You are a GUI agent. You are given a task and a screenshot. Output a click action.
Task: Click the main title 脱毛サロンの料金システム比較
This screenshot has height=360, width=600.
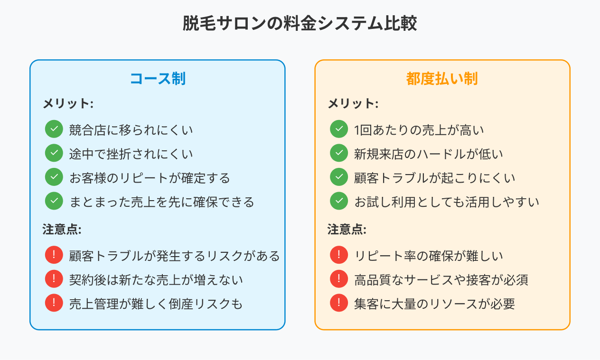tap(300, 23)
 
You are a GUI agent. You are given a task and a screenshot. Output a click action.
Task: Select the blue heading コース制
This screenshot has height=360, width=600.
tap(158, 79)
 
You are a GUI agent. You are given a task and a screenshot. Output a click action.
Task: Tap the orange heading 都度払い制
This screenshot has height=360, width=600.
tap(442, 79)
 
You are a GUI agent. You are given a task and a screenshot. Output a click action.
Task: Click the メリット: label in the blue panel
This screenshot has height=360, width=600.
tap(68, 103)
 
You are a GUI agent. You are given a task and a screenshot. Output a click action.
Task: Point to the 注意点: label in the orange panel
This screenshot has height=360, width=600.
tap(347, 230)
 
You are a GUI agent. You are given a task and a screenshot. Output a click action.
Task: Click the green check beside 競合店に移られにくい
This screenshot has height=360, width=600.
tap(54, 129)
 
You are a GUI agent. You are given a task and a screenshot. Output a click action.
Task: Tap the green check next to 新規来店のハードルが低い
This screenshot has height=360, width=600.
tap(339, 153)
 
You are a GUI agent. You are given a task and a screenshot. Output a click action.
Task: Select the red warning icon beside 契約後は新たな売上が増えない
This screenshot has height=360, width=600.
tap(54, 279)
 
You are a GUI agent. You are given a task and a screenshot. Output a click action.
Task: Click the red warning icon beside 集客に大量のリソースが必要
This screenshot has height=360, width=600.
tap(339, 303)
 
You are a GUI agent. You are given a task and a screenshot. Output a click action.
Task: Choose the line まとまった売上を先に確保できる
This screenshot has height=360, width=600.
tap(162, 202)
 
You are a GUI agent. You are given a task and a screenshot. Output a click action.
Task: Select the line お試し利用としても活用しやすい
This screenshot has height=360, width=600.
tap(447, 202)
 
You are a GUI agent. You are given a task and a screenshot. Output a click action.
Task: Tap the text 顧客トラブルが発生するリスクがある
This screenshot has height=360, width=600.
tap(174, 256)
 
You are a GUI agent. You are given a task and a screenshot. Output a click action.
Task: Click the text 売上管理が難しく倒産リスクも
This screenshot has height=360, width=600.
tap(156, 304)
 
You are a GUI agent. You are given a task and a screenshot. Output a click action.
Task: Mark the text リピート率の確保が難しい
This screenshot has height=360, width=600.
tap(429, 256)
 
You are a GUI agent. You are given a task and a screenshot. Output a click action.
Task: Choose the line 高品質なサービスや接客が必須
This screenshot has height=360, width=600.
tap(441, 280)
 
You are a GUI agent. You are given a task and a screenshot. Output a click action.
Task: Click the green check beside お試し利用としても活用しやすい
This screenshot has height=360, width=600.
tap(339, 201)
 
